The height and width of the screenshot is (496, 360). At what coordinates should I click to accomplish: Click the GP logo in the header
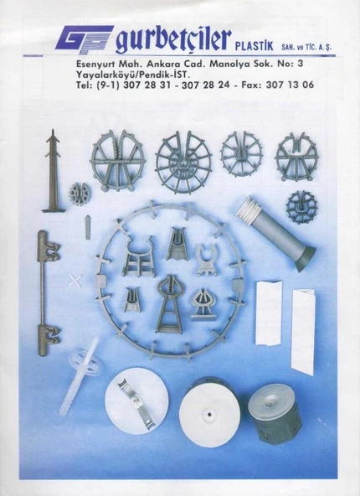[85, 39]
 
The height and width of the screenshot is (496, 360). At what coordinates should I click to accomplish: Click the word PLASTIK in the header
[255, 46]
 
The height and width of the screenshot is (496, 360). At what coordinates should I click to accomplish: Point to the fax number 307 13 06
[290, 85]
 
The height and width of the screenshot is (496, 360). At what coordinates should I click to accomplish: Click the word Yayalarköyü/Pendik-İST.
[132, 75]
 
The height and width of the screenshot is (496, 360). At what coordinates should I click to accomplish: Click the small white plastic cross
[75, 281]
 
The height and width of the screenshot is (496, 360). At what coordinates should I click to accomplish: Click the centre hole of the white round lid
[209, 415]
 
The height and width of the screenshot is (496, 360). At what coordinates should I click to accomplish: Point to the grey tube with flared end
[276, 234]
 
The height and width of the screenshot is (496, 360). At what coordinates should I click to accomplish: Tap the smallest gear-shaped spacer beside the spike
[80, 193]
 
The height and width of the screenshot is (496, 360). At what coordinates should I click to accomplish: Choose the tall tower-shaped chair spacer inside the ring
[168, 304]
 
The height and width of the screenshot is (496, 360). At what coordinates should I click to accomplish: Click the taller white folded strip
[303, 332]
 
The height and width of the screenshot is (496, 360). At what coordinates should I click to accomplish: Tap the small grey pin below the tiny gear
[88, 227]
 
